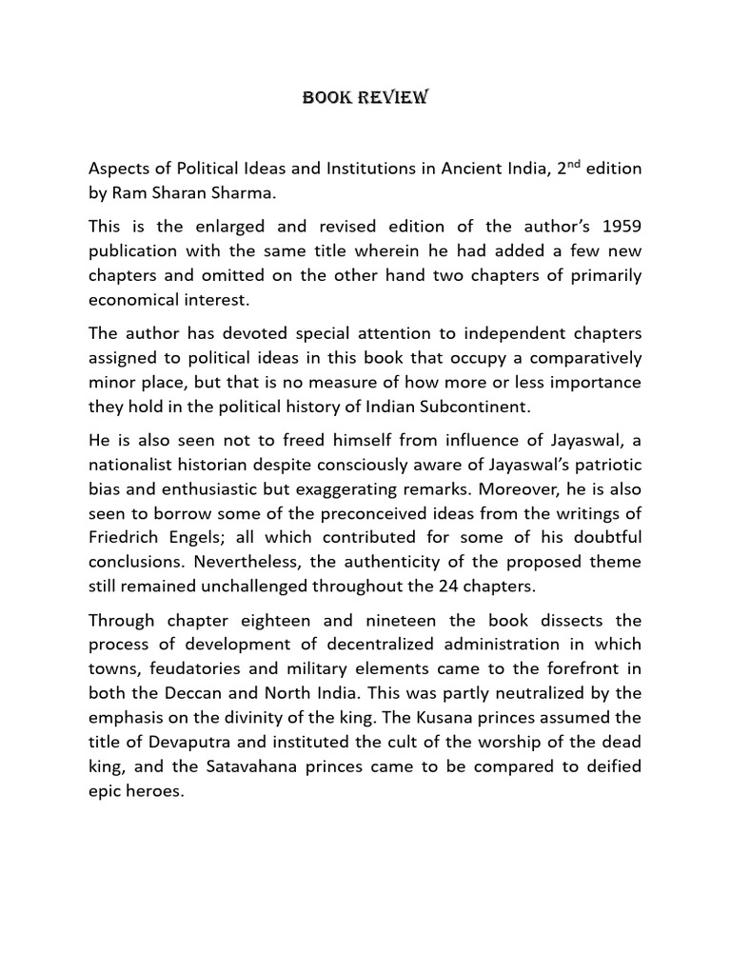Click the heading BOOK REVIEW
coord(365,97)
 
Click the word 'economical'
coord(132,301)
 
